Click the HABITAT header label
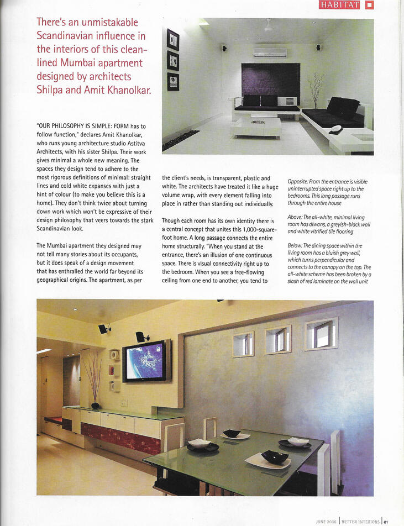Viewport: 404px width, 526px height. [340, 5]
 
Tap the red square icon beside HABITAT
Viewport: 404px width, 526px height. [369, 5]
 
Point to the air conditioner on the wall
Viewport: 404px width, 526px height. [270, 53]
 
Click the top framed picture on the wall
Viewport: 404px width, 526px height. [173, 40]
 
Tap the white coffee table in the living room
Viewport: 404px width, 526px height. [256, 127]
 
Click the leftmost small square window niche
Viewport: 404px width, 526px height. [243, 344]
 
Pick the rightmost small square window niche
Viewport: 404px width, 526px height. [321, 334]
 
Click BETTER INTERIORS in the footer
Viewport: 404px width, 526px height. [360, 520]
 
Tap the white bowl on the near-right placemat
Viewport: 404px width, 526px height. [298, 441]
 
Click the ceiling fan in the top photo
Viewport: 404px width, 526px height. [268, 26]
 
